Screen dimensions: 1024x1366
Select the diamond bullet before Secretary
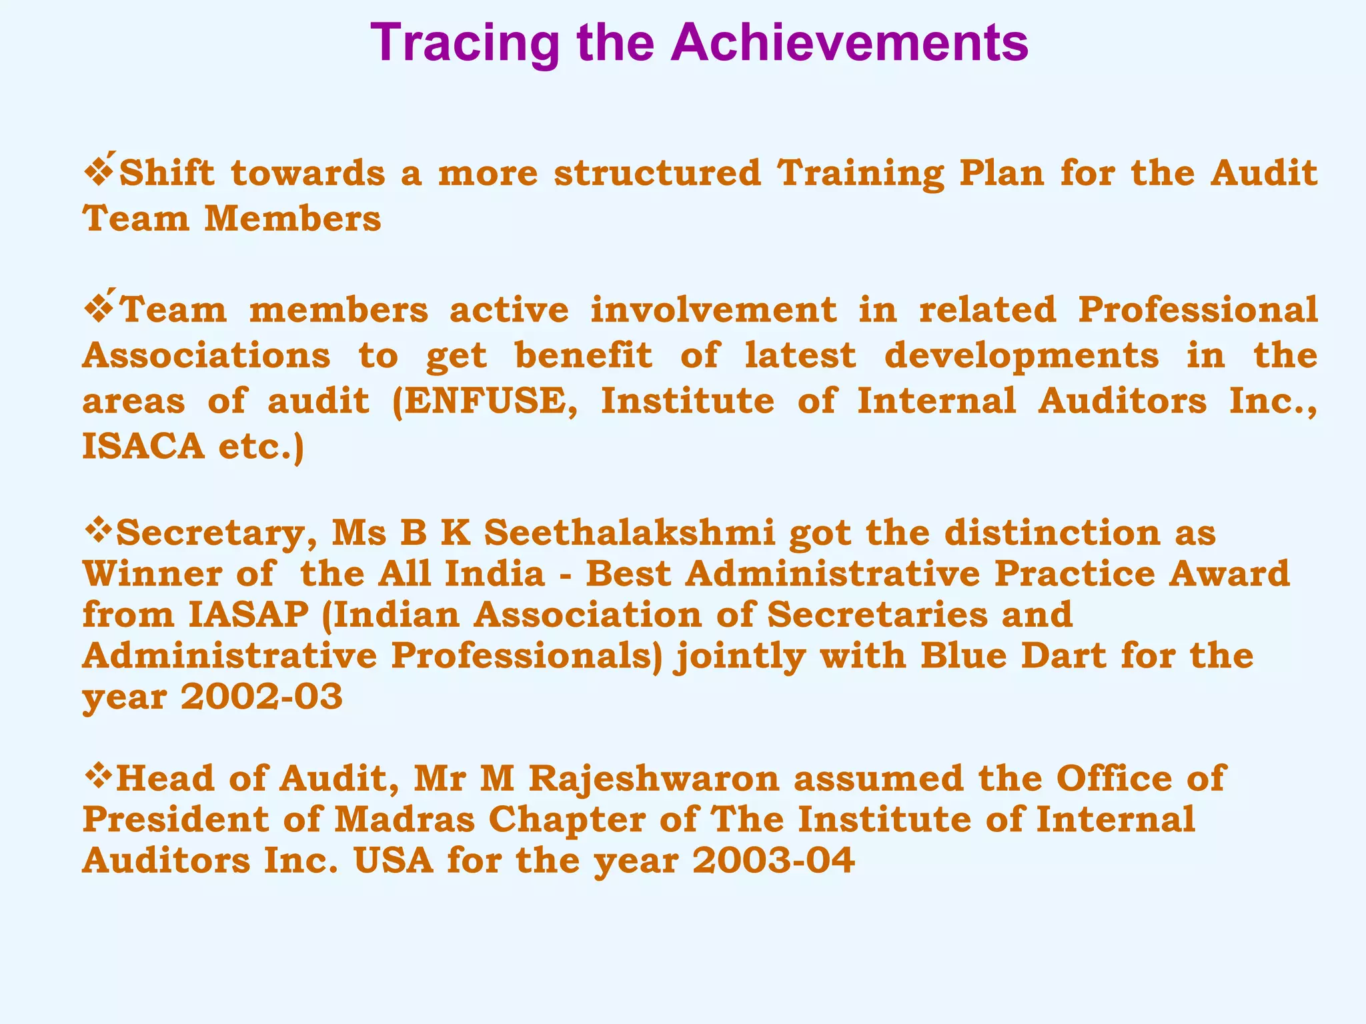[99, 531]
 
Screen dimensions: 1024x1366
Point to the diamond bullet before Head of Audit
[99, 777]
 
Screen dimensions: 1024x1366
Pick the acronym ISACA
[143, 446]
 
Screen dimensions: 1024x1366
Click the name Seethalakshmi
[630, 533]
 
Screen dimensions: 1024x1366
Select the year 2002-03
[261, 697]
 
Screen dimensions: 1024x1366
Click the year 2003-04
[774, 860]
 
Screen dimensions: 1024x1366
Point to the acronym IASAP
[248, 615]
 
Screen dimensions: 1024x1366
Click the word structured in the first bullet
[658, 173]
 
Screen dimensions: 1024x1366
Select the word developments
[1021, 356]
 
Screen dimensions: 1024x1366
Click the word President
[175, 819]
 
